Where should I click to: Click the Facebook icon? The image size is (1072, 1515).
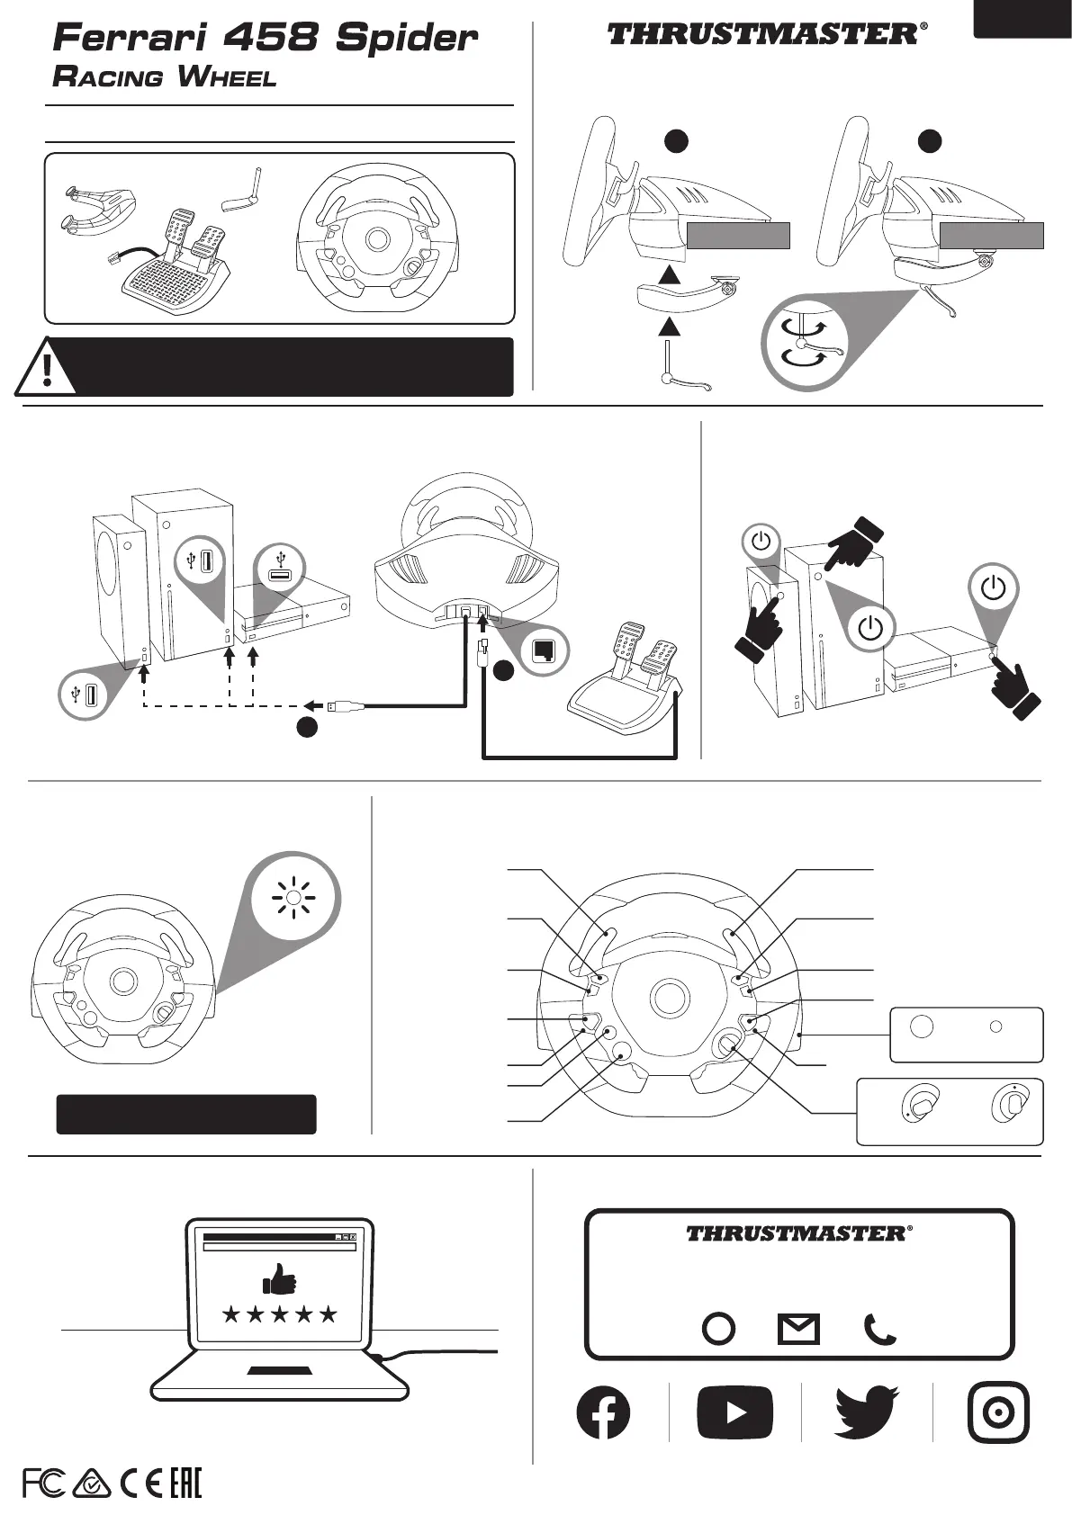pos(603,1412)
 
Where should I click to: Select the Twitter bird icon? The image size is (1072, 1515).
pos(867,1412)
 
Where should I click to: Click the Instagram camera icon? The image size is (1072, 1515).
pos(997,1412)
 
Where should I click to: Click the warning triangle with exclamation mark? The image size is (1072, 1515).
pos(46,369)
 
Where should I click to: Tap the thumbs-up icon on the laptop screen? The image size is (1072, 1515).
pos(279,1278)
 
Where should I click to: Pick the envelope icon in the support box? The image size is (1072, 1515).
pos(798,1329)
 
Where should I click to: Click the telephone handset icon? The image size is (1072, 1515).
pos(879,1329)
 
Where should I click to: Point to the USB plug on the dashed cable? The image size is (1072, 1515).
pos(347,707)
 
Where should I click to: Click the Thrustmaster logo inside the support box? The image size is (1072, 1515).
pos(798,1233)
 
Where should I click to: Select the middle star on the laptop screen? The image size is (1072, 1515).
pos(279,1314)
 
